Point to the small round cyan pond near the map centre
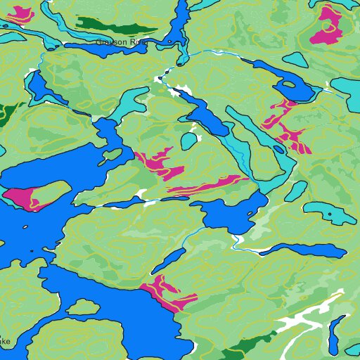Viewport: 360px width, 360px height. point(188,141)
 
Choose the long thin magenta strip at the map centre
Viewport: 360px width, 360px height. point(207,184)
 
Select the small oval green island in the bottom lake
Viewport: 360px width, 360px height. point(83,307)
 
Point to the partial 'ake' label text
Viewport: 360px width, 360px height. point(4,342)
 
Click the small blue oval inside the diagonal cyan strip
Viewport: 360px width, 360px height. point(279,148)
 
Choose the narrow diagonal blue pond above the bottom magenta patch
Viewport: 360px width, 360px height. point(169,260)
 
